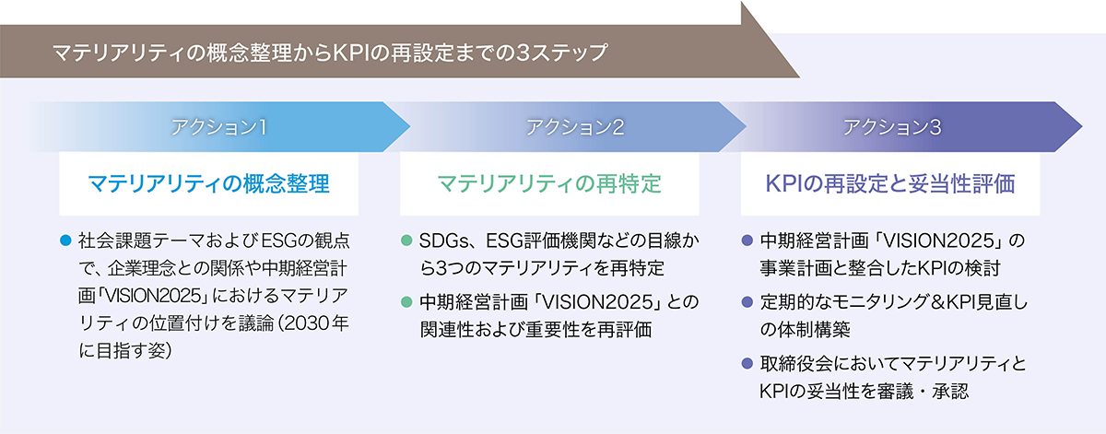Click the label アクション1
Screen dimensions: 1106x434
coord(218,127)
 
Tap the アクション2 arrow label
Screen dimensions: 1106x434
coord(575,127)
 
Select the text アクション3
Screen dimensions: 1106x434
coord(892,127)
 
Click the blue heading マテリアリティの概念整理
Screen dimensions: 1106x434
coord(209,183)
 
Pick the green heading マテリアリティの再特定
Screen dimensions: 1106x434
coord(549,183)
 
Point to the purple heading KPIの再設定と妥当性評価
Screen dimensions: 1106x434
coord(890,183)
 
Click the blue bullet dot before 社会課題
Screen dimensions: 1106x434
coord(65,240)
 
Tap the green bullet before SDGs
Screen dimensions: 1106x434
coord(406,240)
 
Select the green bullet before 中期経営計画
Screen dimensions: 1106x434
coord(406,301)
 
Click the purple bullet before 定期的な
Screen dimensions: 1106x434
coord(747,301)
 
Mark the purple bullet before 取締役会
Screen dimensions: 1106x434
coord(747,363)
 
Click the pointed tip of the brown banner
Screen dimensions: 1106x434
coord(799,77)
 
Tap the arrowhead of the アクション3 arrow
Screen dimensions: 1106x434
coord(1081,126)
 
